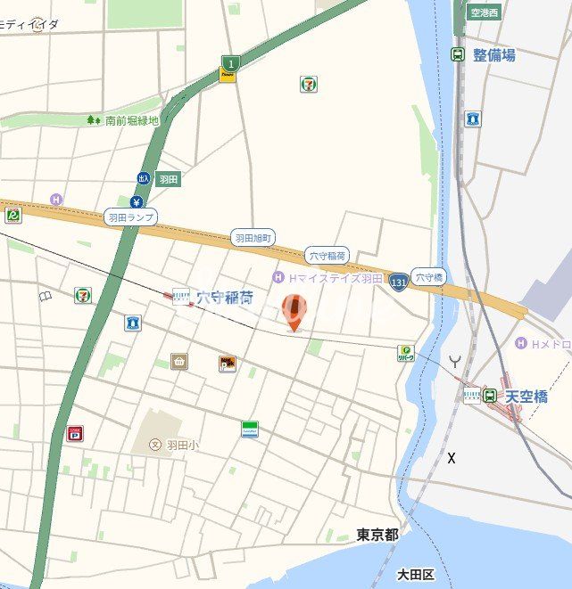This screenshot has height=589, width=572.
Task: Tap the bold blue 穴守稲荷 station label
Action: pyautogui.click(x=224, y=298)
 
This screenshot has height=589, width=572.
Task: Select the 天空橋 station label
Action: pyautogui.click(x=526, y=396)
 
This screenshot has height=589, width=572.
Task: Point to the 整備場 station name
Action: pyautogui.click(x=493, y=55)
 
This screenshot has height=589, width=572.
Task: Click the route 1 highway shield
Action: pyautogui.click(x=229, y=63)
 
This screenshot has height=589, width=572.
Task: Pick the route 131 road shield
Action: pyautogui.click(x=399, y=280)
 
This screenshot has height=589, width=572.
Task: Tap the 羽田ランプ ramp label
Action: pyautogui.click(x=130, y=217)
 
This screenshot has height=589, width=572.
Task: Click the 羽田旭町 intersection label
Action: pyautogui.click(x=253, y=238)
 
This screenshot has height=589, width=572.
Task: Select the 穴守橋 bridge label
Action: pyautogui.click(x=428, y=276)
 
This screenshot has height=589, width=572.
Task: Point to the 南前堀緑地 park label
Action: pyautogui.click(x=131, y=120)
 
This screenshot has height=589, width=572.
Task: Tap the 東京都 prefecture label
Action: pyautogui.click(x=377, y=535)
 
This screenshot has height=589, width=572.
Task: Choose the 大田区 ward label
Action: pyautogui.click(x=415, y=573)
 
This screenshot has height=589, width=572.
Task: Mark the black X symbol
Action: pyautogui.click(x=452, y=458)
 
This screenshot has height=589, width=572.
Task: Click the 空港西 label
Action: pyautogui.click(x=486, y=13)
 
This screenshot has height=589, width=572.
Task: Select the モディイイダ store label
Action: pyautogui.click(x=29, y=24)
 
